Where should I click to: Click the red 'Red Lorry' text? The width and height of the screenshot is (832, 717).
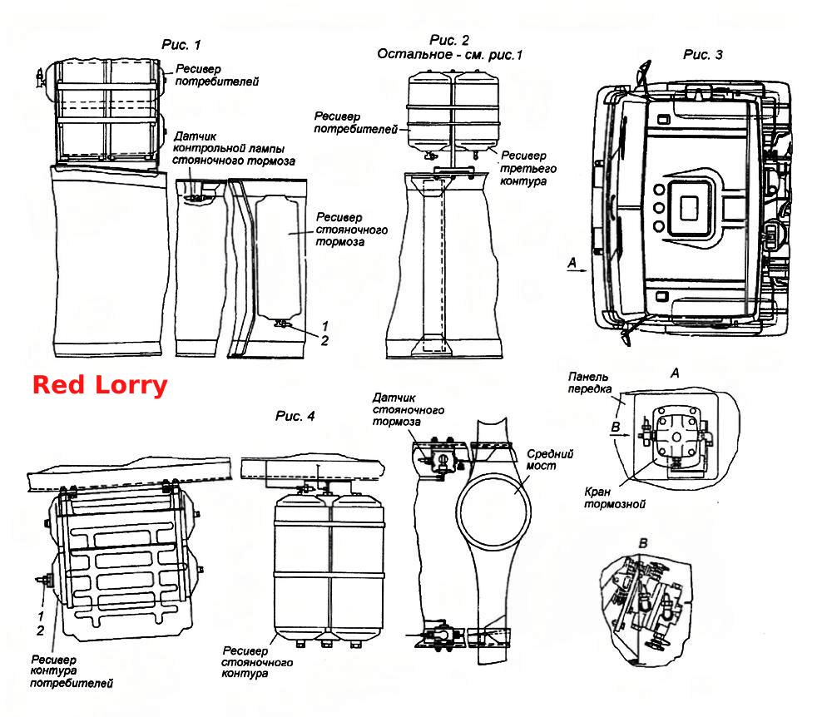point(100,385)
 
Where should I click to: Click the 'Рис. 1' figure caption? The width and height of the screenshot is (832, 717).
point(181,45)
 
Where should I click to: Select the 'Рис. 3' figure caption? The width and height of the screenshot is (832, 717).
point(702,55)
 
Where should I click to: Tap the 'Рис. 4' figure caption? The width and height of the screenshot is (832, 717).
point(295,416)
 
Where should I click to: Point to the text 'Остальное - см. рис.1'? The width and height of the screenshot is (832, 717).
point(449,55)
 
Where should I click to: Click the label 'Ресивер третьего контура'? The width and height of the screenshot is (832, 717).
point(528,168)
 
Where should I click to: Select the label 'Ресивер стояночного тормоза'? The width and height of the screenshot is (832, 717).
point(351,230)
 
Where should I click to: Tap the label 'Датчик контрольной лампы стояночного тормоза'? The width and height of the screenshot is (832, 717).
point(234,149)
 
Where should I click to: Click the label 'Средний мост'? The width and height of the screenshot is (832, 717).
point(550,459)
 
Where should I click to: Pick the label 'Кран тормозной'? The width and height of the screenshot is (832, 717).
point(615,497)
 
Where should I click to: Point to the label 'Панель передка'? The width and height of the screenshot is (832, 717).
point(589,383)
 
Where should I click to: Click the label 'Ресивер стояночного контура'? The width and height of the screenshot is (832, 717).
point(257,662)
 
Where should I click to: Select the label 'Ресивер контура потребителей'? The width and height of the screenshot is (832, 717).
point(72,671)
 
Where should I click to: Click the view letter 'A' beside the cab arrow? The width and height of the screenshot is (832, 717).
point(572,263)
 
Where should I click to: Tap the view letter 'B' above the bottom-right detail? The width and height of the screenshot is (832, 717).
point(643,543)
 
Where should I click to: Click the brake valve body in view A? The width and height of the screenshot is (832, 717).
point(676,436)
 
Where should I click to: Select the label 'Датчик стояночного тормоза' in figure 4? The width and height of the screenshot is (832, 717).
point(408,409)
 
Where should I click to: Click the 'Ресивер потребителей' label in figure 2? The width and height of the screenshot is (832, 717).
point(355,122)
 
